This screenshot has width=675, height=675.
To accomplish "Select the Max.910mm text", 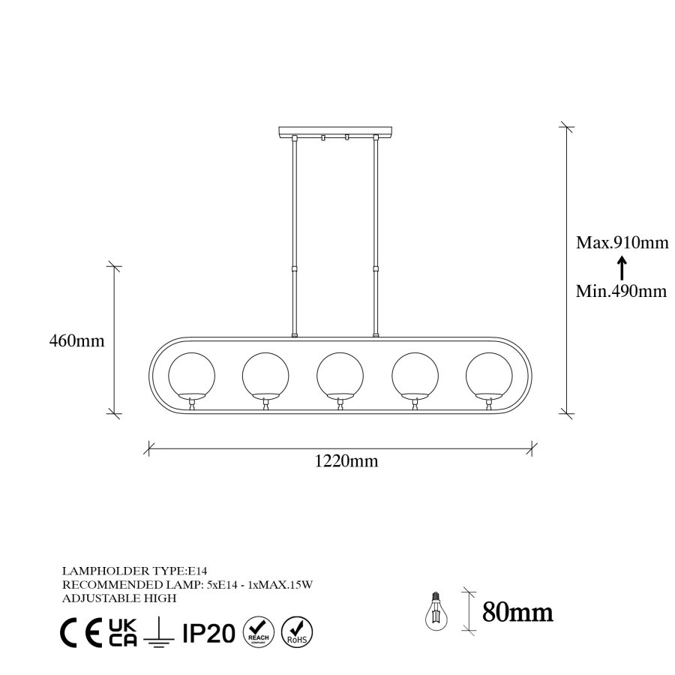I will tap(621, 242).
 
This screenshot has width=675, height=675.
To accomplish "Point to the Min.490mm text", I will tap(621, 291).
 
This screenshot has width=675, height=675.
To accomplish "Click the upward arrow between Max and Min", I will tap(621, 267).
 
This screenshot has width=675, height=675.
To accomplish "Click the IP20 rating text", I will tap(209, 633).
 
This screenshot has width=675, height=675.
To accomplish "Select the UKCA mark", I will tap(122, 633).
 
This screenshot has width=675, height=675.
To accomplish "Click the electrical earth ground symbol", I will tap(159, 634).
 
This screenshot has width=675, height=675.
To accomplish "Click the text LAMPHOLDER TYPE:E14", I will tap(122, 571).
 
